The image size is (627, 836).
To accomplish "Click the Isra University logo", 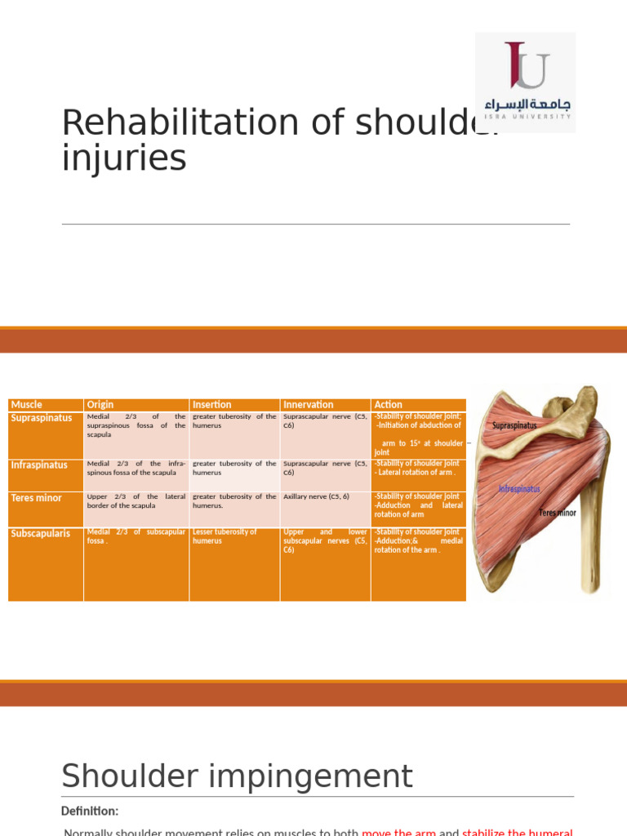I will [x=526, y=82].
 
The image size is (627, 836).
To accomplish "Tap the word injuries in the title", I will [x=124, y=158].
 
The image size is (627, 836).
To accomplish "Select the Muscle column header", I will [x=26, y=405].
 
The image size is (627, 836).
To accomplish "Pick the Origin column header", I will [x=100, y=405].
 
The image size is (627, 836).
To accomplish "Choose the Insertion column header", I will [x=211, y=405].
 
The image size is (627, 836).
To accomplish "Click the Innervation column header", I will [x=308, y=405].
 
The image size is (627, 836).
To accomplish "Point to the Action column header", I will [x=388, y=405].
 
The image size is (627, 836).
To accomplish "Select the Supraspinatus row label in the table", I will [x=41, y=418].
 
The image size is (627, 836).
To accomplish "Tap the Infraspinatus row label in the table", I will [x=39, y=465].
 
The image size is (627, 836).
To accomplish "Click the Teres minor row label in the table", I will [x=36, y=498].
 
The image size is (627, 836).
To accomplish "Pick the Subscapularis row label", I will [x=41, y=534].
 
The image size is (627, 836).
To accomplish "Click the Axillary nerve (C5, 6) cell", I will [x=316, y=496].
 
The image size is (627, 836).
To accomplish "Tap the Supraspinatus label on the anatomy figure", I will [x=514, y=425].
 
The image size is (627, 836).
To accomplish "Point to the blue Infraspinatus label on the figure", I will [x=519, y=489].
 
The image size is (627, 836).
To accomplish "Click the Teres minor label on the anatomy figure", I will [x=558, y=513].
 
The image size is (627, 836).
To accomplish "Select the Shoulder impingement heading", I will [x=237, y=776].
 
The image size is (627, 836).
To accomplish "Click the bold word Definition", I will [x=90, y=811].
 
